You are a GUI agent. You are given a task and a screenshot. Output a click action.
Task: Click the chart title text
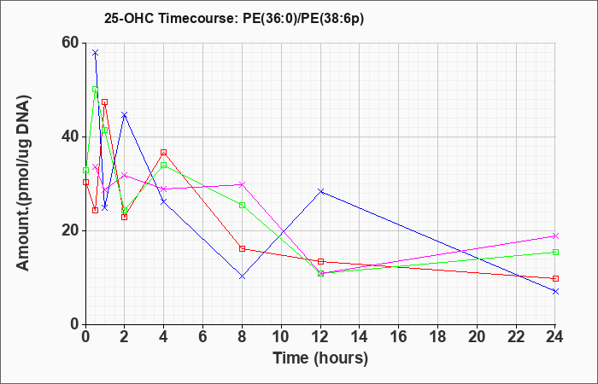tap(234, 19)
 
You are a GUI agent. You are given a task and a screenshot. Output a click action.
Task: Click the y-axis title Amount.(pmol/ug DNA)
tap(23, 183)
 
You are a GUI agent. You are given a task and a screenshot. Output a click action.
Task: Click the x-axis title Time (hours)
tap(320, 358)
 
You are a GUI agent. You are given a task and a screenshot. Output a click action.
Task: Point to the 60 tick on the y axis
tap(70, 43)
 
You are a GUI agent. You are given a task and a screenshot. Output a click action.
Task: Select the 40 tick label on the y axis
tap(70, 137)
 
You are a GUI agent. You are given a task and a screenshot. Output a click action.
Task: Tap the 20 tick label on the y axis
tap(70, 230)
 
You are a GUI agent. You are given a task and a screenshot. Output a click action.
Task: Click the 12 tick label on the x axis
tap(320, 336)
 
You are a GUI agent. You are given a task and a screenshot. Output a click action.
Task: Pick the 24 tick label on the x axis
tap(555, 336)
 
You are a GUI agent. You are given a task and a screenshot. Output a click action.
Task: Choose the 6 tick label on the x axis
tap(203, 336)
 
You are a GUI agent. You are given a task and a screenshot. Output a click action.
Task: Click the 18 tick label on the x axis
tap(437, 336)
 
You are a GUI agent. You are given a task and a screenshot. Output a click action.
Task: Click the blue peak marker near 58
tap(96, 52)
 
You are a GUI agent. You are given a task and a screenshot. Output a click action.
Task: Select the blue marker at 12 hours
tap(320, 191)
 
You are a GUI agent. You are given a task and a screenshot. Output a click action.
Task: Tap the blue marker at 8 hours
tap(242, 276)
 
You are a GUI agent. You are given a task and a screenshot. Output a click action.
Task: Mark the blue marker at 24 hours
tap(555, 292)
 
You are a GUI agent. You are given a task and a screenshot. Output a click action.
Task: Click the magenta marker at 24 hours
tap(555, 236)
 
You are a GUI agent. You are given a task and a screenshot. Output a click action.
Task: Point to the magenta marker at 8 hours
tap(242, 184)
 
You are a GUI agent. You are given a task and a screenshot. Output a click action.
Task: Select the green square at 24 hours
tap(555, 252)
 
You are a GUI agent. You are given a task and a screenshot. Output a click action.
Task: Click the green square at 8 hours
tap(242, 206)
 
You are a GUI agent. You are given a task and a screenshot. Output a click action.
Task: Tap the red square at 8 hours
tap(242, 249)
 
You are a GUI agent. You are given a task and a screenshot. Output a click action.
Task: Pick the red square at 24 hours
tap(555, 278)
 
